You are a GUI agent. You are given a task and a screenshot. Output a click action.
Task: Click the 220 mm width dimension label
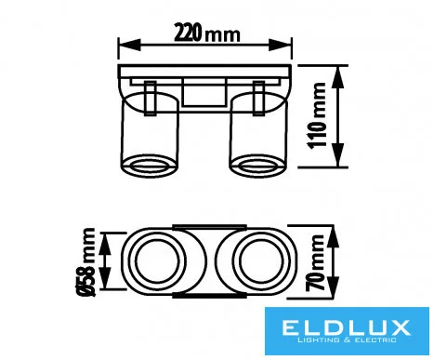[206, 33]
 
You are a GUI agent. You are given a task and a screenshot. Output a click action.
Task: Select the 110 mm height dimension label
[317, 115]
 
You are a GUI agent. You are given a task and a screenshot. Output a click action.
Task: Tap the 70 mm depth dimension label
[315, 262]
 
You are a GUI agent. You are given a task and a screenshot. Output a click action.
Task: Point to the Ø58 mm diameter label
[85, 262]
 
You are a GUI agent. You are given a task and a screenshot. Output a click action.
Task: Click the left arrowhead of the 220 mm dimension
[129, 45]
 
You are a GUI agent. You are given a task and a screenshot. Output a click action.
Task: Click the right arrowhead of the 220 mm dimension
[280, 45]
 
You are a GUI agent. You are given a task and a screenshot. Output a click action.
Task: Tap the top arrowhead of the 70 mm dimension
[333, 236]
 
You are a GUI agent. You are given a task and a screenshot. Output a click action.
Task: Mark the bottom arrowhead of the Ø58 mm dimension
[106, 278]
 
